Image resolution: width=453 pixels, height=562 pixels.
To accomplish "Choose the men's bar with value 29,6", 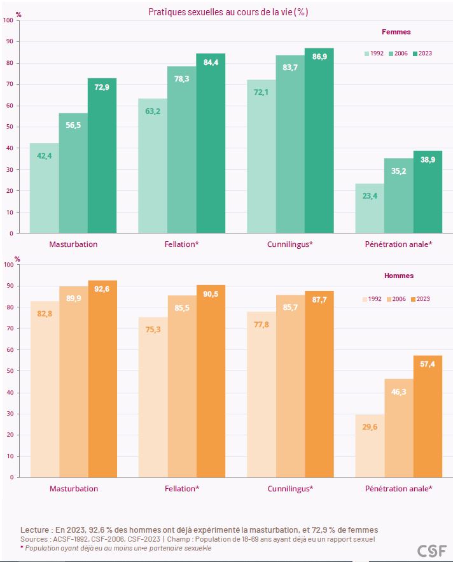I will coord(370,446).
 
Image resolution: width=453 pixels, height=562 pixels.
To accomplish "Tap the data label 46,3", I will coord(398,391).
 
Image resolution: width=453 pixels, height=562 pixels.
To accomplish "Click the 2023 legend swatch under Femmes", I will coord(415,53).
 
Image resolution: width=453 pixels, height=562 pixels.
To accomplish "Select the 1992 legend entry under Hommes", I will coord(373,299).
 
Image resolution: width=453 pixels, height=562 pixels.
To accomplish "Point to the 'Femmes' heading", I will coord(396,32).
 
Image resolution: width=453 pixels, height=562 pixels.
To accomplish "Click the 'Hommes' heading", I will coord(399,276).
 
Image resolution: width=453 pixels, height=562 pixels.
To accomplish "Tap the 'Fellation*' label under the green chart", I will coord(181,244).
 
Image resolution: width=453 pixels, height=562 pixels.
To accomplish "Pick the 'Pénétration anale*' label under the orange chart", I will coord(398,489).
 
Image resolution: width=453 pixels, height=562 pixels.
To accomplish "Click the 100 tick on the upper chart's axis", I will coord(8,20).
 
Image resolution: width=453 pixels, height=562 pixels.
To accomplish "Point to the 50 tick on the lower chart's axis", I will coord(9,370).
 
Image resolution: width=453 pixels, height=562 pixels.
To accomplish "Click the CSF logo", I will coord(431,551).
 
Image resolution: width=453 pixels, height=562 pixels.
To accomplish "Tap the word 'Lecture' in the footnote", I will coord(35,530).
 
